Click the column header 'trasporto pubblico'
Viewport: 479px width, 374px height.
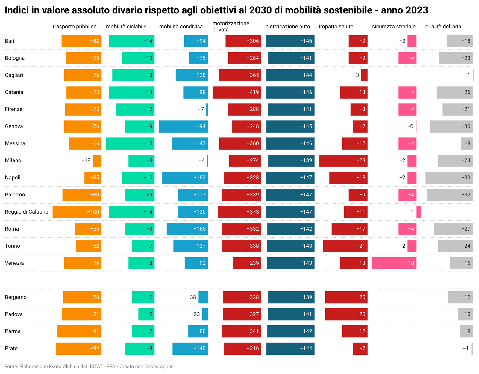(75, 27)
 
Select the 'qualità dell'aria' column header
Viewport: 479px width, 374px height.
(443, 27)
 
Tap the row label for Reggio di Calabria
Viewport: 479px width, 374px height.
(27, 212)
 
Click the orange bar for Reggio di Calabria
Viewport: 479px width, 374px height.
(77, 212)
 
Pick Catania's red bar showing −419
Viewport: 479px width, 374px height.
(237, 92)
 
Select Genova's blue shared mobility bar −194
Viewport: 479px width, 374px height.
(183, 126)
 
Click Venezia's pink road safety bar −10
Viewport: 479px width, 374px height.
(394, 263)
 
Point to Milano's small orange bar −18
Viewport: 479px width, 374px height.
(97, 160)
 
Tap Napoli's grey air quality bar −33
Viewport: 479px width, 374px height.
(449, 178)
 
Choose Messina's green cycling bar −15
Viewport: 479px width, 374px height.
(130, 143)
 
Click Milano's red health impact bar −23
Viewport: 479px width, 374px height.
(343, 160)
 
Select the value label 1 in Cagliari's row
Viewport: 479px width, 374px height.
(469, 75)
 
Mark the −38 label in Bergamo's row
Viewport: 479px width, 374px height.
(192, 297)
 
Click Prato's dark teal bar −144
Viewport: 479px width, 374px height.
(290, 348)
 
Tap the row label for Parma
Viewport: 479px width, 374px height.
(13, 331)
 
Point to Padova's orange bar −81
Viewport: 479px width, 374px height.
(82, 314)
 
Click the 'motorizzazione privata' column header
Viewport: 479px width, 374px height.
(231, 27)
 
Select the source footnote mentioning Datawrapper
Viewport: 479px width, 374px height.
(89, 367)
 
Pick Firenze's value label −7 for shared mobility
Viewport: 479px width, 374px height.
(201, 109)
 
